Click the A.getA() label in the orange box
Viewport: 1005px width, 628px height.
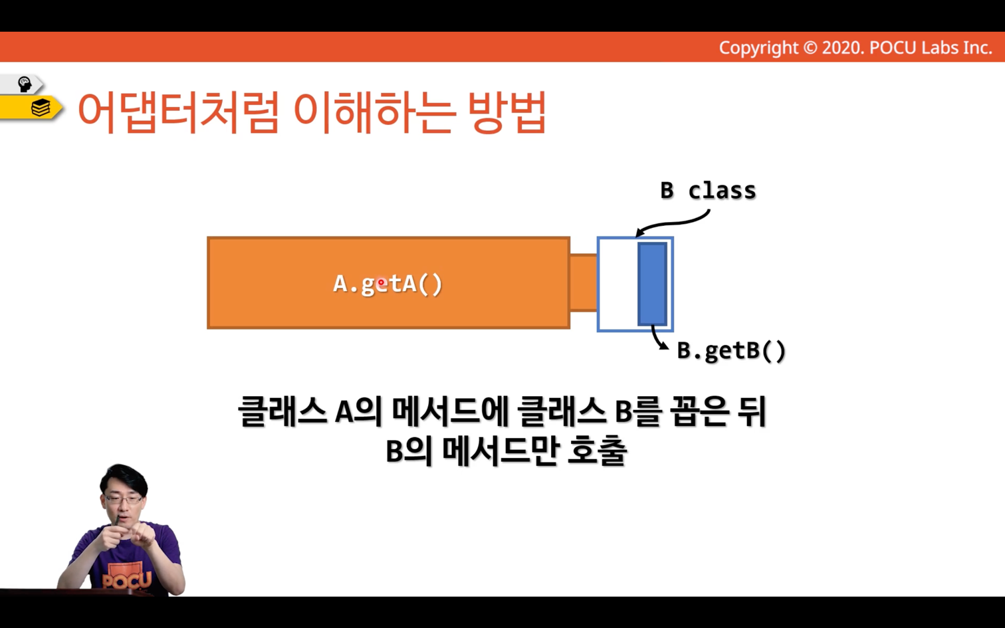[x=388, y=284]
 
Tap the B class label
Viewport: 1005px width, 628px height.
[x=708, y=191]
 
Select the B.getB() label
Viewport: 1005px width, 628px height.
[x=731, y=351]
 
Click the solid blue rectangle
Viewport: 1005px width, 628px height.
[x=652, y=284]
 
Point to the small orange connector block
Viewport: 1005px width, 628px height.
[x=584, y=282]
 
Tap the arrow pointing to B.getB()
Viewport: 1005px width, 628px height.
[x=658, y=338]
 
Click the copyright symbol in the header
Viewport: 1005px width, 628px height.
[x=810, y=48]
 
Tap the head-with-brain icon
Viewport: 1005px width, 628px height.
[x=25, y=84]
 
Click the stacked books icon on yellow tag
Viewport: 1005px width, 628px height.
[x=41, y=108]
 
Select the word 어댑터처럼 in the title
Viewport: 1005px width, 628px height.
[x=178, y=112]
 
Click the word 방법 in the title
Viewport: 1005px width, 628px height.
[x=506, y=112]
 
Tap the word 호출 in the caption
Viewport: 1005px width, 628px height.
[x=597, y=451]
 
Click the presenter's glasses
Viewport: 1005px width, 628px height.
[x=124, y=499]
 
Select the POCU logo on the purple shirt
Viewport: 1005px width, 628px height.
[x=126, y=579]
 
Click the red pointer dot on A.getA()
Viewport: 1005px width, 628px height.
[x=382, y=283]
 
